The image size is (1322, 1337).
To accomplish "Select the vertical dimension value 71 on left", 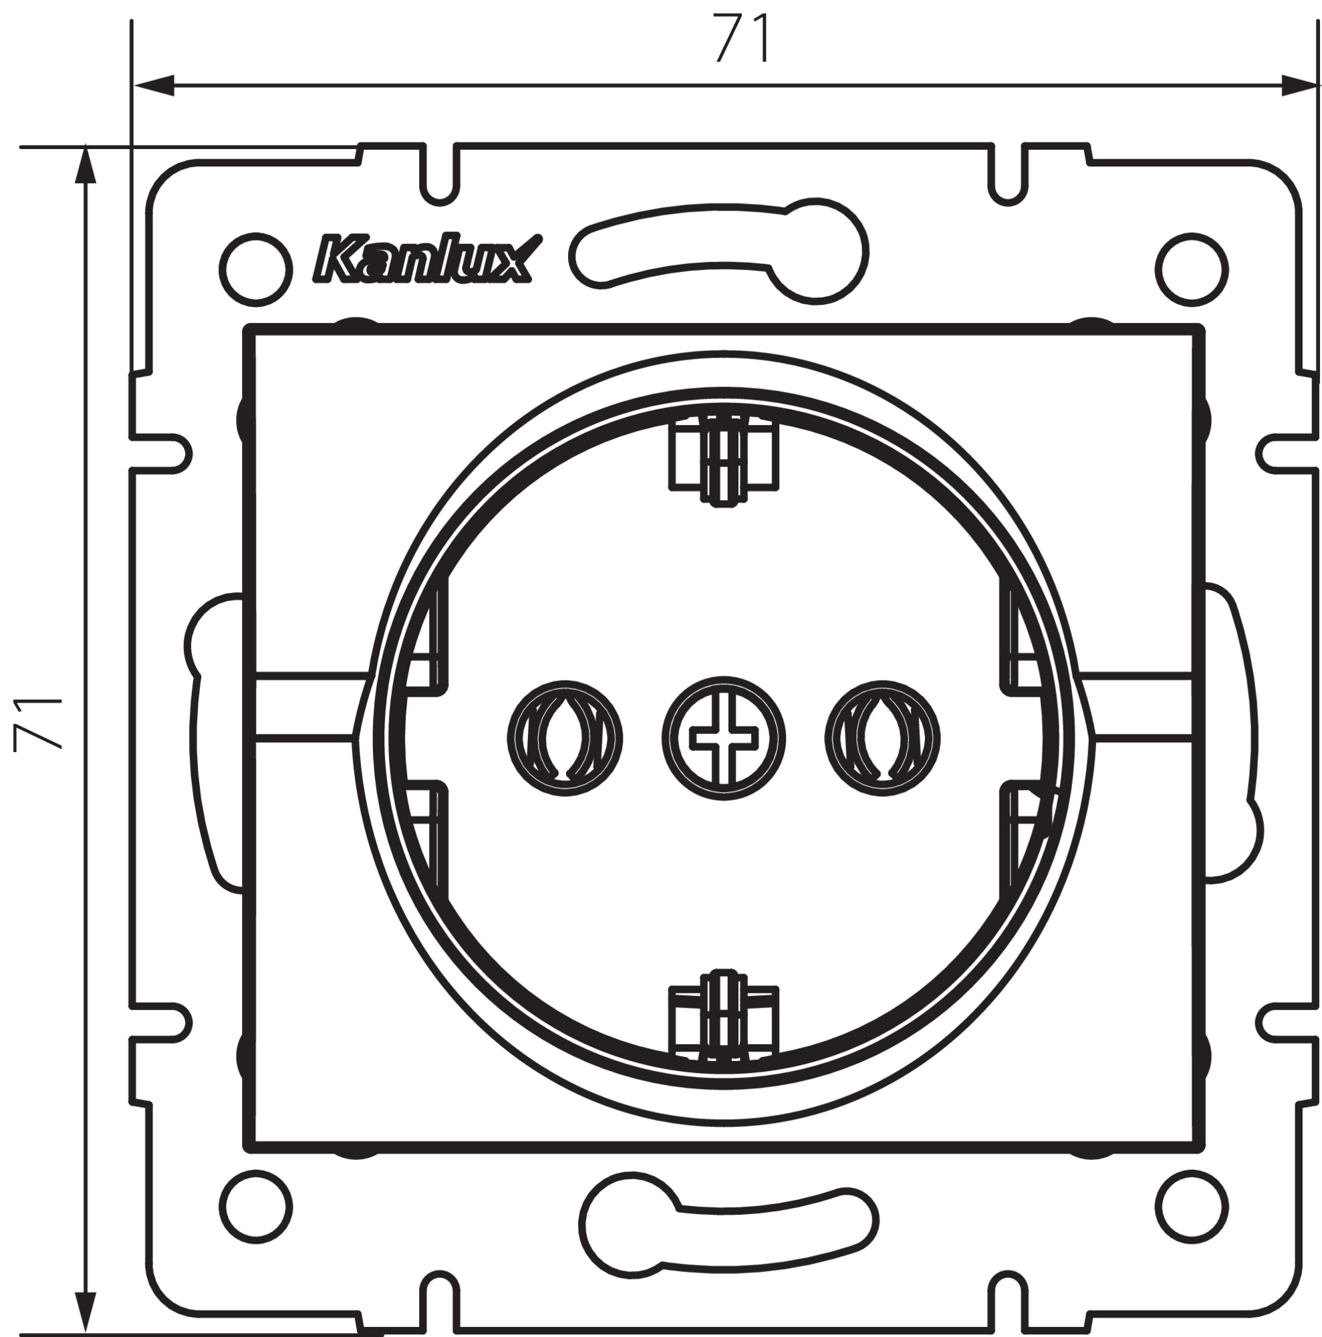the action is click(x=39, y=723).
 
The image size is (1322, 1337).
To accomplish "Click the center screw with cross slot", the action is click(x=723, y=738).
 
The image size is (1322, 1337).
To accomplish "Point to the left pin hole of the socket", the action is click(x=565, y=739).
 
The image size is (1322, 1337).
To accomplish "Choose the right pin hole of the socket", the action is click(x=882, y=739).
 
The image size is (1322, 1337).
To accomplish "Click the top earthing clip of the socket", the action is click(x=724, y=457).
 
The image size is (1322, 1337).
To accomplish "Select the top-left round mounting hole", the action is click(x=255, y=269).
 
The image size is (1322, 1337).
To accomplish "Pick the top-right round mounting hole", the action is click(x=1192, y=269).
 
